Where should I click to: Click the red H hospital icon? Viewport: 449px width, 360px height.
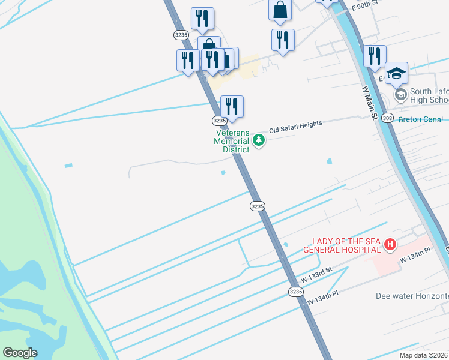click(390, 244)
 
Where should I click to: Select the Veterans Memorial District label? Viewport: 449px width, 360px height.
click(232, 141)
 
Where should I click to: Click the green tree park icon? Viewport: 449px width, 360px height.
click(259, 140)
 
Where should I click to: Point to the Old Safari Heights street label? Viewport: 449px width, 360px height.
click(296, 126)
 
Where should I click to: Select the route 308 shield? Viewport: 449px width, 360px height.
click(388, 118)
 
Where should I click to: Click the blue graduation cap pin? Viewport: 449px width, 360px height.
click(396, 73)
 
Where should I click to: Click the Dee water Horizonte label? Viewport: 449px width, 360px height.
click(412, 296)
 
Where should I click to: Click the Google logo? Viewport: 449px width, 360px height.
click(20, 353)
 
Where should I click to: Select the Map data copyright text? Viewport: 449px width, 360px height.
click(424, 355)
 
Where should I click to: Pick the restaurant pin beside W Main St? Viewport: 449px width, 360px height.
click(375, 56)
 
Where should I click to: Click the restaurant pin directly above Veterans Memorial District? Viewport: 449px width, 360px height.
click(232, 106)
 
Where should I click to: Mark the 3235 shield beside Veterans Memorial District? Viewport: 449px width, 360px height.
click(220, 121)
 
